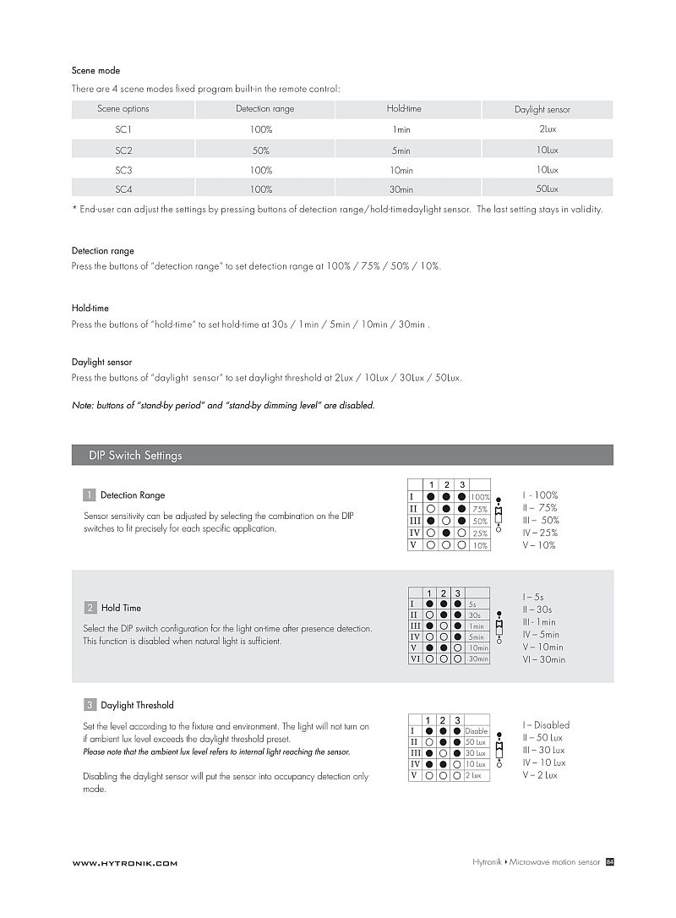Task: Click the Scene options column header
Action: coord(123,109)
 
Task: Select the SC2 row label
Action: coord(123,150)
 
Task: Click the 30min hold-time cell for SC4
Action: coord(401,190)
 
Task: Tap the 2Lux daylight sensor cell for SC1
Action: coord(547,129)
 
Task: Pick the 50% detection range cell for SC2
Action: coord(261,150)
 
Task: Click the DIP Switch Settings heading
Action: coord(135,456)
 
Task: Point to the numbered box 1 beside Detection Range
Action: coord(89,495)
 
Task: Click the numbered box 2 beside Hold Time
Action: coord(90,608)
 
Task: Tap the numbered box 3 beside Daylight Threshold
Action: coord(89,705)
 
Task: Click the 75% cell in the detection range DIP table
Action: coord(480,510)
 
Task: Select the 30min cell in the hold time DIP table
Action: coord(478,658)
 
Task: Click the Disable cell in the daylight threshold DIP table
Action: coord(477,731)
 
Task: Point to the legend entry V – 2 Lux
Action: coord(540,775)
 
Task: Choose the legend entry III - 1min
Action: coord(539,622)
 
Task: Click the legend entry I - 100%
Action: coord(540,495)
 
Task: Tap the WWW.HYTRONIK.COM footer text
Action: coord(124,863)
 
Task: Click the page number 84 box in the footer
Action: coord(609,862)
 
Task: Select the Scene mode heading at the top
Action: coord(95,71)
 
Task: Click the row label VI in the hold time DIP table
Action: coord(415,658)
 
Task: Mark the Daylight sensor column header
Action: coord(542,110)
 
